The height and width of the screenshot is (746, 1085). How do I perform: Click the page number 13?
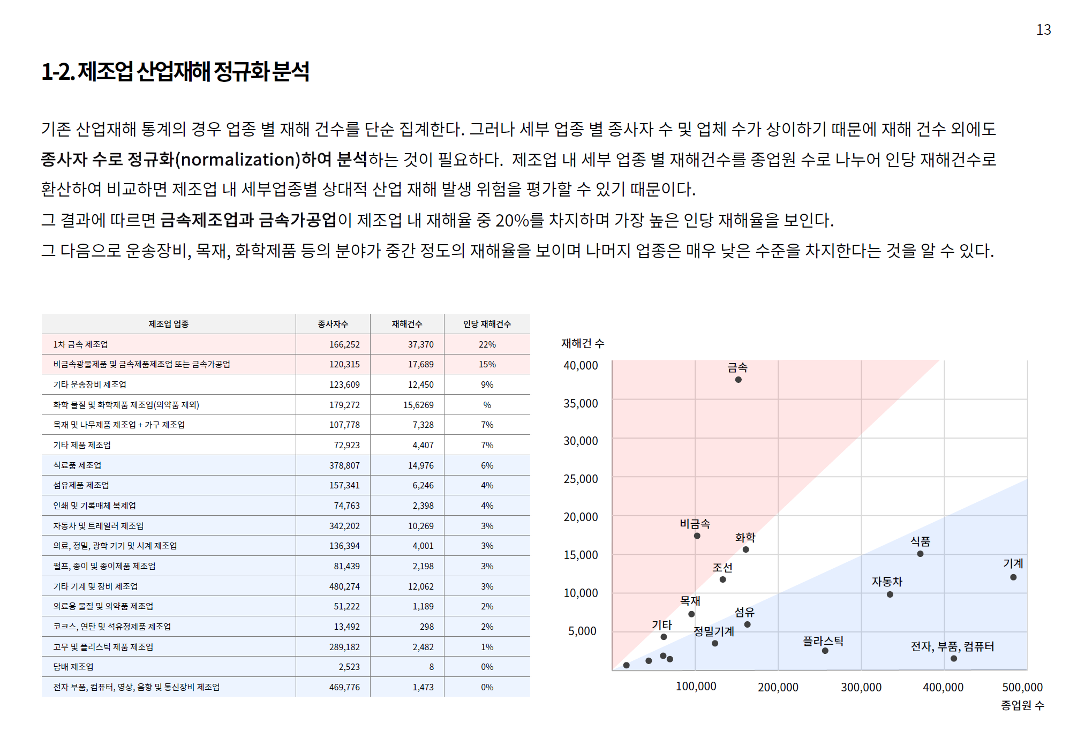click(x=1043, y=30)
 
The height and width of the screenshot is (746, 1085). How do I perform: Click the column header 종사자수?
click(x=333, y=324)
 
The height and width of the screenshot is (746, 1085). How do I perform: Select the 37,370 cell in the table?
click(x=420, y=344)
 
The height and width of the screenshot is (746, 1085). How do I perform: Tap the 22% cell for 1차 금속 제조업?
click(x=487, y=344)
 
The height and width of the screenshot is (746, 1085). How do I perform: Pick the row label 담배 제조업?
click(x=73, y=667)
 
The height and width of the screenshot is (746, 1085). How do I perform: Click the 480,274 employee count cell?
click(x=344, y=586)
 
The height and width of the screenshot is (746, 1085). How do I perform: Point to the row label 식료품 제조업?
click(x=77, y=465)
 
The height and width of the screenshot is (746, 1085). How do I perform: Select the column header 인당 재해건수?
click(x=487, y=324)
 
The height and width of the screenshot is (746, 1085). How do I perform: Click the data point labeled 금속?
click(x=738, y=380)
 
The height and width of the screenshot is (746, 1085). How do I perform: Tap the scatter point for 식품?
click(x=920, y=554)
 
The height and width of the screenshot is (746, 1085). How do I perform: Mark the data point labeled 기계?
click(x=1013, y=577)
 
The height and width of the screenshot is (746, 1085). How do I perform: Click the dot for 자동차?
click(x=890, y=594)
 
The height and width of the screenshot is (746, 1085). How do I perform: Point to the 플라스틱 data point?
click(x=825, y=651)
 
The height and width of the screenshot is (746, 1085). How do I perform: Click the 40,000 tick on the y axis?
click(x=581, y=366)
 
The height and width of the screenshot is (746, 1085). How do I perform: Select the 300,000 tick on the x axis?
click(x=861, y=687)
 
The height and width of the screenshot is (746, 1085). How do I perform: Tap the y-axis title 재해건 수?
click(x=583, y=343)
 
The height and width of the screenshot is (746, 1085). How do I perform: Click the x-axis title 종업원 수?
click(x=1022, y=705)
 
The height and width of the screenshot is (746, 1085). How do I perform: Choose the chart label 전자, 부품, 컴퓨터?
click(x=952, y=646)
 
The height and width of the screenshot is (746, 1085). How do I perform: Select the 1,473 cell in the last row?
click(x=423, y=687)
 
